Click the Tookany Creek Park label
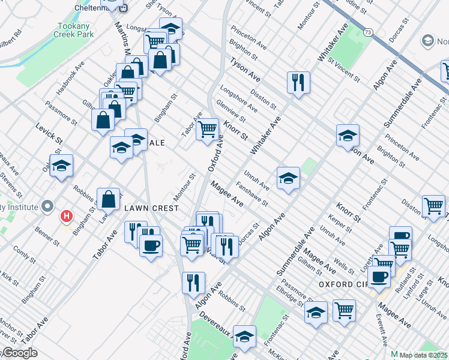(x=76, y=31)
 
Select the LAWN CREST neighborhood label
(x=151, y=208)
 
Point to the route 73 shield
(x=367, y=31)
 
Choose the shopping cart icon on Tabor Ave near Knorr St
(x=208, y=128)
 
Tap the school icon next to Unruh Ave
(x=288, y=178)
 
